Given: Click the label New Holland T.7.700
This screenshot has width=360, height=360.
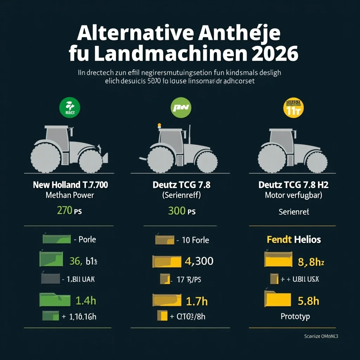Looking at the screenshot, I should click(70, 185).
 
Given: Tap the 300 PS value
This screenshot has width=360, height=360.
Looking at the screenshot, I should click(182, 211).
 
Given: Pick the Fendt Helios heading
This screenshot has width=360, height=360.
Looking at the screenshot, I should click(294, 240).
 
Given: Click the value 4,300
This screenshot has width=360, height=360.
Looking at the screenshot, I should click(199, 261).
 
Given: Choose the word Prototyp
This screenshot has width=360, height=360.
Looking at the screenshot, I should click(295, 316).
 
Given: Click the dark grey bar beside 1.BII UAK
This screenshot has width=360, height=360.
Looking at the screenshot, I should click(50, 279).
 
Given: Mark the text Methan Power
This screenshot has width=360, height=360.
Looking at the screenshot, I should click(70, 195).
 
